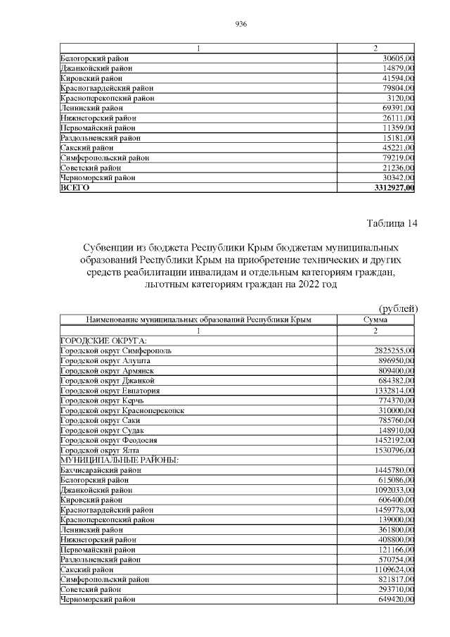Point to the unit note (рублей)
pos(398,308)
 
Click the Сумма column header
pos(375,320)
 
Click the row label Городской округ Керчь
pos(104,400)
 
